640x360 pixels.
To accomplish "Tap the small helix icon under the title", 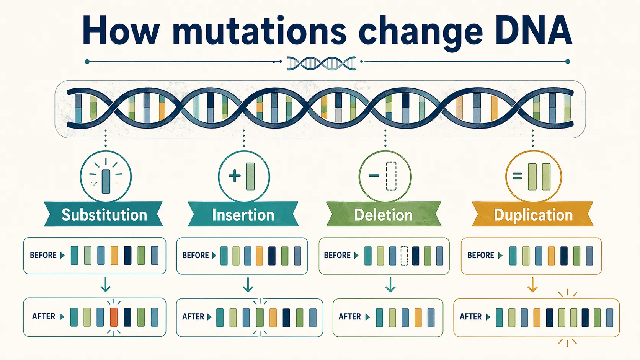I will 321,63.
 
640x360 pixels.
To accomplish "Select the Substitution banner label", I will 104,215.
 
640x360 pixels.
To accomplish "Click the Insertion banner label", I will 243,215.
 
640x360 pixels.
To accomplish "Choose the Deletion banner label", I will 383,215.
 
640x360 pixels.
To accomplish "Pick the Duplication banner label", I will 533,215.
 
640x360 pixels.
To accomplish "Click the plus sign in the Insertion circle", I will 234,176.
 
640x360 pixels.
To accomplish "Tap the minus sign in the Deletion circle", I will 374,176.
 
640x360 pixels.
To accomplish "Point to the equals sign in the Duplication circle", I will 517,176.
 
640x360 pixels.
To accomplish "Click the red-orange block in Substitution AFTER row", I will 114,317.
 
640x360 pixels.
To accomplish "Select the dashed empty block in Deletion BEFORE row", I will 404,256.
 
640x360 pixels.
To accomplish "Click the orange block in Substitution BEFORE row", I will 114,256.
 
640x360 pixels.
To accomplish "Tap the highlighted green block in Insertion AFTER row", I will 260,318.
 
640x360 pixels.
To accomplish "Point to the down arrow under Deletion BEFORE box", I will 390,285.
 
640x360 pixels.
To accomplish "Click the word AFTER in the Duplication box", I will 470,317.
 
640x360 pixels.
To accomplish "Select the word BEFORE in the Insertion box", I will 195,256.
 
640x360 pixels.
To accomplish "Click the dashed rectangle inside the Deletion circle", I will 391,176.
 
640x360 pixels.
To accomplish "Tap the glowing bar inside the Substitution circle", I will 106,181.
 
